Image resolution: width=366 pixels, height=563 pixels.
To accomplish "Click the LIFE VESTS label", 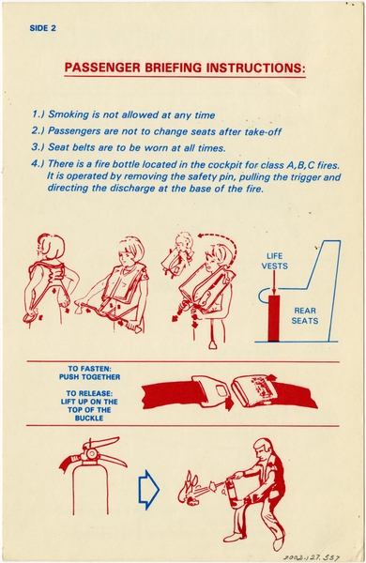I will (x=275, y=260).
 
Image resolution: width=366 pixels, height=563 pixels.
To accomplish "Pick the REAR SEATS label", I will (x=306, y=314).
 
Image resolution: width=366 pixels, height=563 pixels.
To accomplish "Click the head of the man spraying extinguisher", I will (x=262, y=448).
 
